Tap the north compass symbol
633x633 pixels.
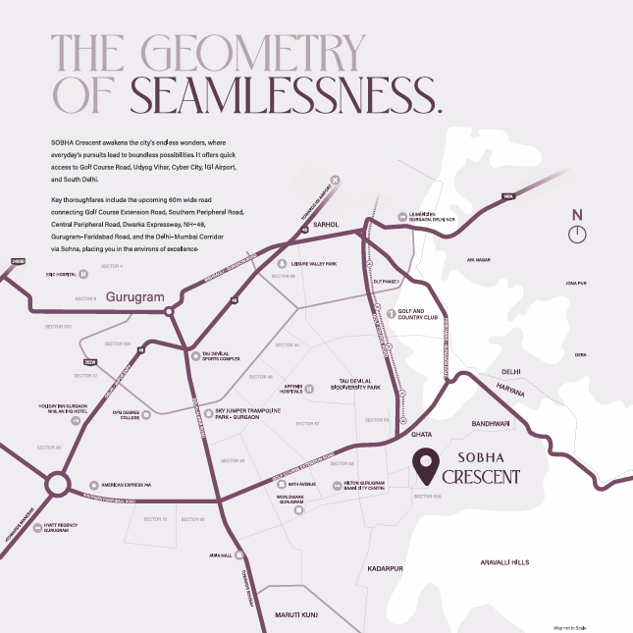coord(578,233)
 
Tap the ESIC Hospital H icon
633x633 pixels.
coord(82,274)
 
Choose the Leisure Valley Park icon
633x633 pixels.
coord(281,264)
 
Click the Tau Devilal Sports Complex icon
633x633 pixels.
coord(195,356)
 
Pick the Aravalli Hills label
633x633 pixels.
coord(504,562)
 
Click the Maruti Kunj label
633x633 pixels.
coord(298,613)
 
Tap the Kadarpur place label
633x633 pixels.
coord(386,568)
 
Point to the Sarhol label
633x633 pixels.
coord(325,225)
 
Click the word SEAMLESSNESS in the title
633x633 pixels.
coord(286,93)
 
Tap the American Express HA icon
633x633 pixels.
coord(93,484)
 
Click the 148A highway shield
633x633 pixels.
coord(507,197)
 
